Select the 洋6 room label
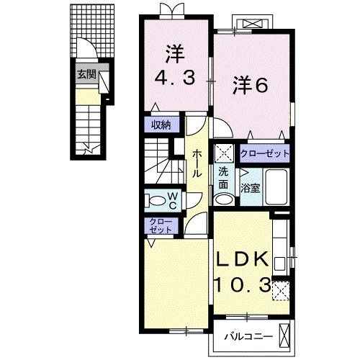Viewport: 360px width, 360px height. (250, 85)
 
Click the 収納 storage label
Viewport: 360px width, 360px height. (161, 125)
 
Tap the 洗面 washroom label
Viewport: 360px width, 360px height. (224, 177)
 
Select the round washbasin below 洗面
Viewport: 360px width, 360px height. (224, 199)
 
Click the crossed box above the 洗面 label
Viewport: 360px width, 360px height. (223, 153)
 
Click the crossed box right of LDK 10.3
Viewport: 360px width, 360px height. (282, 290)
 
